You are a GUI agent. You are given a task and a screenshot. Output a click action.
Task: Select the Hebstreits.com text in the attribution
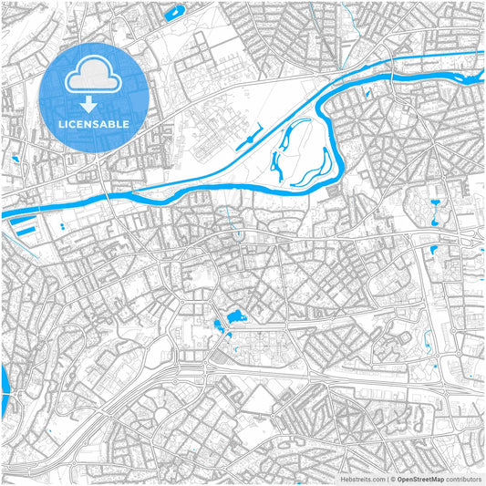pos(363,479)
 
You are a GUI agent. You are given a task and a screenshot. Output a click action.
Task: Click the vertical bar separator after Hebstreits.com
pos(387,479)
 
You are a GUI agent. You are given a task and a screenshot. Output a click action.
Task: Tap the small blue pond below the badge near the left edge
pos(16,160)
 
